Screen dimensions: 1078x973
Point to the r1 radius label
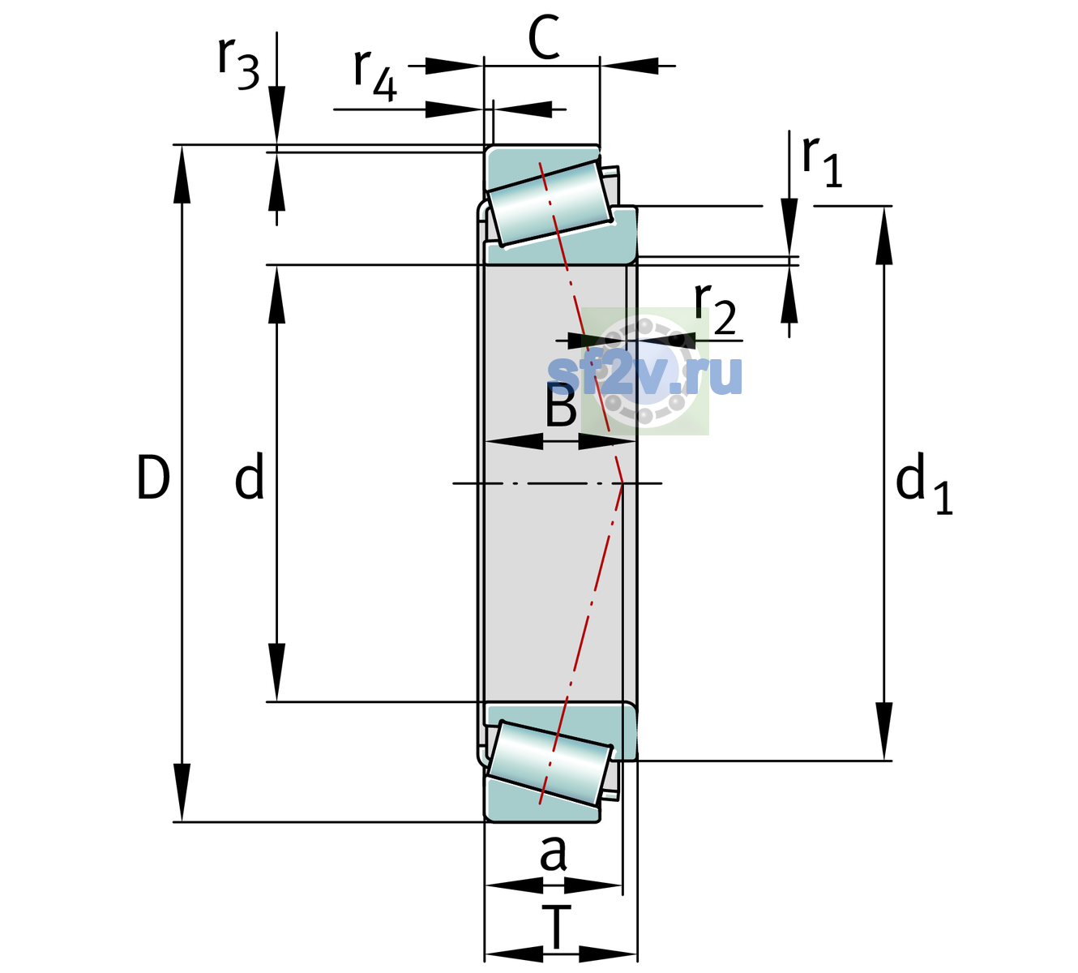pyautogui.click(x=822, y=161)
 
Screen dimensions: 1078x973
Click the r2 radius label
pyautogui.click(x=715, y=308)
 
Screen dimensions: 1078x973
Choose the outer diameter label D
pyautogui.click(x=153, y=478)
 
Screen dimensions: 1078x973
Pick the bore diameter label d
pyautogui.click(x=250, y=475)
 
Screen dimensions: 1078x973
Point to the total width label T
pyautogui.click(x=557, y=927)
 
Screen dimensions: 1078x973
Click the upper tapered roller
pyautogui.click(x=550, y=204)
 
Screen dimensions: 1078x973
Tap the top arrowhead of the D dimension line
pyautogui.click(x=182, y=174)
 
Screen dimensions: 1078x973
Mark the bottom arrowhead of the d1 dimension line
pyautogui.click(x=884, y=731)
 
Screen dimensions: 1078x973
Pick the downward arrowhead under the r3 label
pyautogui.click(x=276, y=115)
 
